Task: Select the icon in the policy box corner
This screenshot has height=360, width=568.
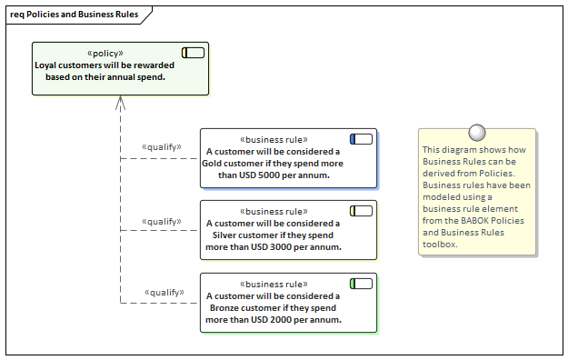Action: (193, 53)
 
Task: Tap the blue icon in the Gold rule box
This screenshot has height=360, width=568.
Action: (361, 139)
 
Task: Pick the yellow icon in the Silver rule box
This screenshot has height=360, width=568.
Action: (361, 211)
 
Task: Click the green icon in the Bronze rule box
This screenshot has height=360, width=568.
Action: (361, 284)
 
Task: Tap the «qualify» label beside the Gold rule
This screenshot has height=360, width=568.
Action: (162, 147)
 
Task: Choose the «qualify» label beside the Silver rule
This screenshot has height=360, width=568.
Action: (162, 221)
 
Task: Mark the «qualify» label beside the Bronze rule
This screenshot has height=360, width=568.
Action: (164, 293)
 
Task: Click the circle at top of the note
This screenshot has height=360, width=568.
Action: (476, 133)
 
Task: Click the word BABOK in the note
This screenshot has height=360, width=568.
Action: (482, 220)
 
